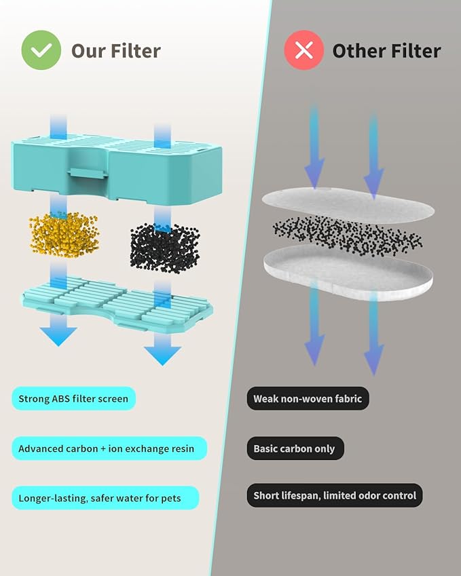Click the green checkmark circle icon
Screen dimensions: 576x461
pyautogui.click(x=41, y=50)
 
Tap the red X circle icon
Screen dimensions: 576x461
pyautogui.click(x=303, y=50)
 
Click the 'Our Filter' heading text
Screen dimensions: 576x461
pyautogui.click(x=116, y=51)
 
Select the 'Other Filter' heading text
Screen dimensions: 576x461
pyautogui.click(x=386, y=51)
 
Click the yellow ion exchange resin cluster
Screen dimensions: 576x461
pyautogui.click(x=64, y=235)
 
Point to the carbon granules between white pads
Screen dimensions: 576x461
pyautogui.click(x=347, y=235)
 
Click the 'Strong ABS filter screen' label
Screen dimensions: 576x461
pyautogui.click(x=73, y=398)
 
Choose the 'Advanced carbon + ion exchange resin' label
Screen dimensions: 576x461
pyautogui.click(x=107, y=448)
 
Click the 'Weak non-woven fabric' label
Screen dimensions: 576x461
pyautogui.click(x=308, y=398)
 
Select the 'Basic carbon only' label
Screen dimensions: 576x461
pyautogui.click(x=295, y=448)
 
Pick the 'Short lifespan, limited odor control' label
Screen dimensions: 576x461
pyautogui.click(x=334, y=496)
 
